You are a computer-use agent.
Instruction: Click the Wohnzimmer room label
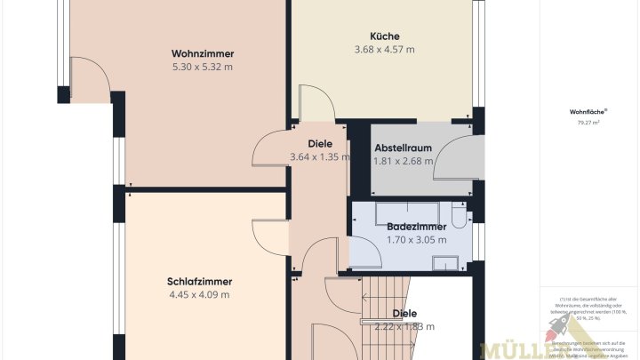pos(202,52)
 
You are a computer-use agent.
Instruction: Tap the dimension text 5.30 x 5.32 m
pos(202,67)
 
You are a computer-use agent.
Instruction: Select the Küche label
pos(384,36)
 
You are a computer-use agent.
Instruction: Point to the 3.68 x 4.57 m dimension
pos(384,50)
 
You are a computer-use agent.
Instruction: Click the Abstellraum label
pos(403,148)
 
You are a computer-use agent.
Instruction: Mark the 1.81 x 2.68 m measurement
pos(403,161)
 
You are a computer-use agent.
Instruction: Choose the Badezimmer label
pos(416,227)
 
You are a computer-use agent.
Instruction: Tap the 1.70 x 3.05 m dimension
pos(416,240)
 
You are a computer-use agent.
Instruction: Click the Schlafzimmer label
pos(198,281)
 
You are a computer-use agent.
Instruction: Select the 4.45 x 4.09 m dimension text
pos(198,295)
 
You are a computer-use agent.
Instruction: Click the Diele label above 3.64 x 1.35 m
pos(319,143)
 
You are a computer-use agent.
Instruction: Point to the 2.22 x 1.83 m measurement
pos(404,326)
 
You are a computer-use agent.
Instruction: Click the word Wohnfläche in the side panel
pos(588,112)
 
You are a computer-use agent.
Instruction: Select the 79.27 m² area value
pos(588,124)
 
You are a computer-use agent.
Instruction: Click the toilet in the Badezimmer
pos(458,215)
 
